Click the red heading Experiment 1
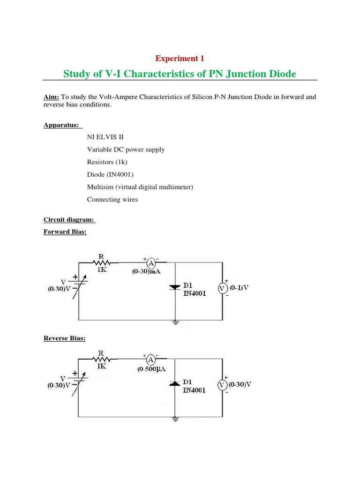[x=180, y=59]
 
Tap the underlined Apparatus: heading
[x=63, y=125]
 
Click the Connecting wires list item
[x=112, y=199]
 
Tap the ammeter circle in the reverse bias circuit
[x=151, y=360]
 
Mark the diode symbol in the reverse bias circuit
[x=174, y=383]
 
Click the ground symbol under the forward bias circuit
[x=175, y=322]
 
